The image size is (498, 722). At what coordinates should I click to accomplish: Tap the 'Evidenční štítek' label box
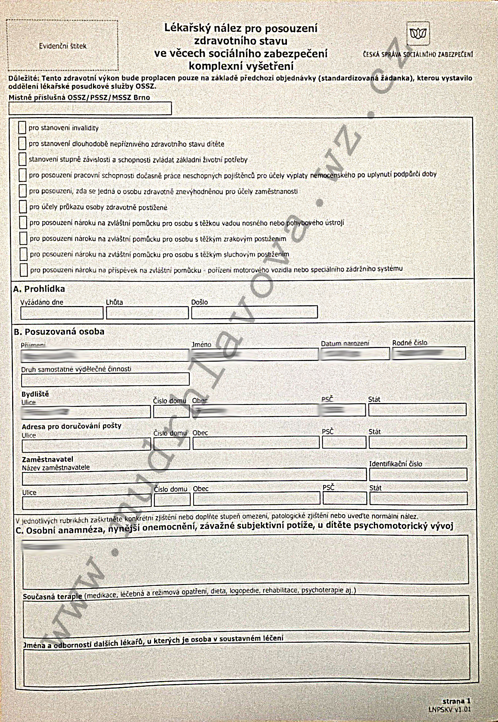[x=63, y=46]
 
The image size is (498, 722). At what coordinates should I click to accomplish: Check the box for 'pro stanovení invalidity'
[x=22, y=128]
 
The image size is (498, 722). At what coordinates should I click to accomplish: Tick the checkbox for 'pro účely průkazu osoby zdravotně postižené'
[x=23, y=207]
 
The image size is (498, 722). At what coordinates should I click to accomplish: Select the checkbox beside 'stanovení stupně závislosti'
[x=22, y=159]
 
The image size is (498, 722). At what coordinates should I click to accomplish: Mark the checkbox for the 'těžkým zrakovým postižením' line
[x=23, y=239]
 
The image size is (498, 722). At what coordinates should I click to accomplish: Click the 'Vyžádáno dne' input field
[x=62, y=313]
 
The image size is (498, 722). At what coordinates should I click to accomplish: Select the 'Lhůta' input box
[x=147, y=313]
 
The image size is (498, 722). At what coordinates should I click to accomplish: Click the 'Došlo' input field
[x=254, y=312]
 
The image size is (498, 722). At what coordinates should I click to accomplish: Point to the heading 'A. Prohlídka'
[x=39, y=289]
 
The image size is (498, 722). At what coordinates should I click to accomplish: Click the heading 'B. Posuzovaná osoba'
[x=59, y=331]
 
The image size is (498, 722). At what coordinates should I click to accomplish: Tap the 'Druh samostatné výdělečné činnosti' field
[x=106, y=379]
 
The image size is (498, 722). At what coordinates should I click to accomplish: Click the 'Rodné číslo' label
[x=410, y=343]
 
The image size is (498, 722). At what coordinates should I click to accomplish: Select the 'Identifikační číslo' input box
[x=418, y=474]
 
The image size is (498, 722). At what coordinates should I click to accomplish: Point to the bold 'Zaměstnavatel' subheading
[x=47, y=459]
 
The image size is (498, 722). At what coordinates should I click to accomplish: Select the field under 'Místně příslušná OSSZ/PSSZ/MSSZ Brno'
[x=90, y=109]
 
